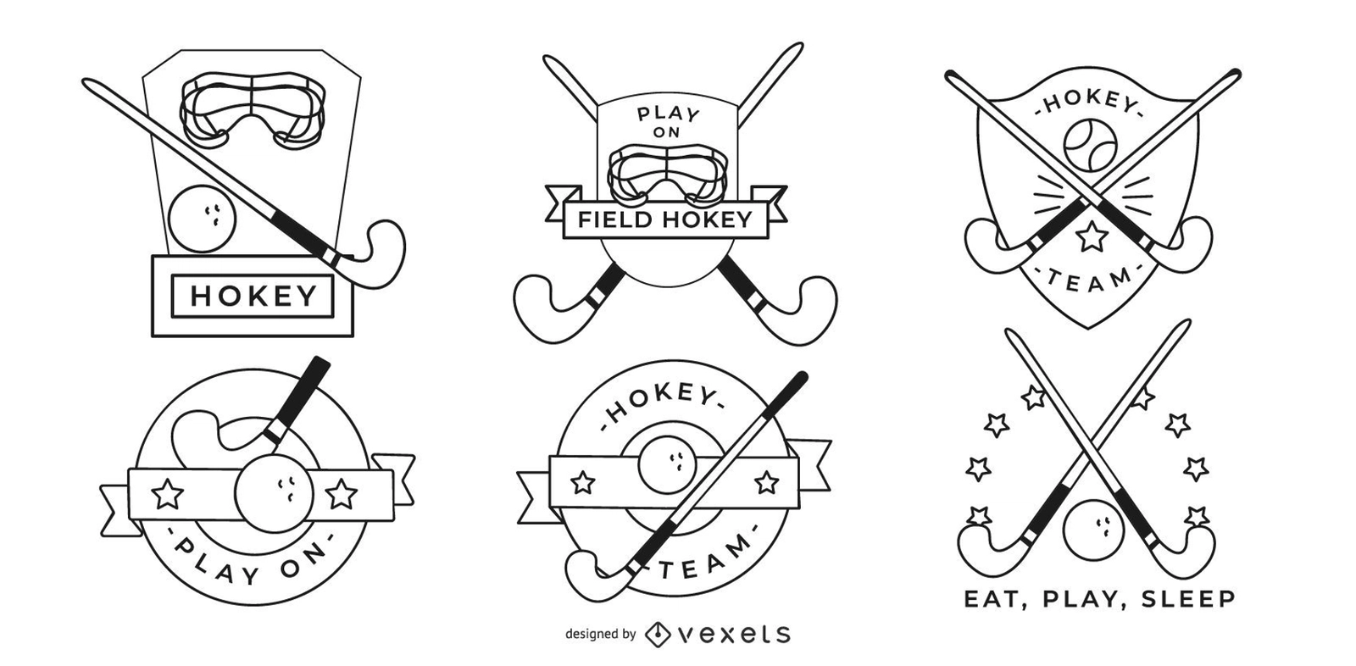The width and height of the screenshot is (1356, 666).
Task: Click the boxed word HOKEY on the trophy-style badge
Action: pyautogui.click(x=253, y=296)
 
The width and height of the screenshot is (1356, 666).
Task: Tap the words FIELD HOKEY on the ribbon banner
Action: pyautogui.click(x=665, y=219)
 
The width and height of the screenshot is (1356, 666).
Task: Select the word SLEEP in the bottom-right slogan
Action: pyautogui.click(x=1187, y=599)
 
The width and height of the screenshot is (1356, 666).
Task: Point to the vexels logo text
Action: pyautogui.click(x=734, y=634)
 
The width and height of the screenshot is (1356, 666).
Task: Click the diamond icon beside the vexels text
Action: pyautogui.click(x=658, y=634)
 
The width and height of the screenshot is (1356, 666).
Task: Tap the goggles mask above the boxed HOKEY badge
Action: pyautogui.click(x=253, y=110)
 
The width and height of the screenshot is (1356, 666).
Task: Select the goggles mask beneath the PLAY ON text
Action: pyautogui.click(x=666, y=173)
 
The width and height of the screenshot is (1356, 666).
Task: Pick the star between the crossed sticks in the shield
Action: pyautogui.click(x=1092, y=236)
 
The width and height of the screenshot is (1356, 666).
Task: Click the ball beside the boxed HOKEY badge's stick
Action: pyautogui.click(x=203, y=219)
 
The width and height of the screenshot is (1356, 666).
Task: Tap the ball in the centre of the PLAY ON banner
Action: pyautogui.click(x=275, y=495)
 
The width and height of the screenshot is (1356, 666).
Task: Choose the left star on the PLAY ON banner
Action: pyautogui.click(x=167, y=494)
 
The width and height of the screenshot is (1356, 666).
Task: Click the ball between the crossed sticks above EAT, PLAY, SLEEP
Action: pyautogui.click(x=1093, y=530)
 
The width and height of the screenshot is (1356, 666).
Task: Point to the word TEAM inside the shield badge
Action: pyautogui.click(x=1090, y=281)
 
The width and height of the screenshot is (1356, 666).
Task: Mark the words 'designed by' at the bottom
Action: pyautogui.click(x=601, y=634)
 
